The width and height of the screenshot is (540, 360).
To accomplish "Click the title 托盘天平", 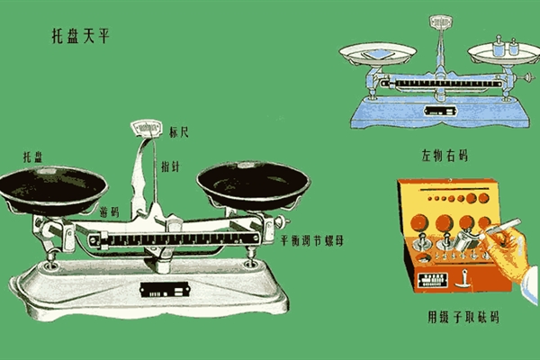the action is tap(81, 36).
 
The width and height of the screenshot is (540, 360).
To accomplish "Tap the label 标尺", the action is tap(179, 132).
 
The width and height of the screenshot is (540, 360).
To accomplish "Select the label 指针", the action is tap(170, 166).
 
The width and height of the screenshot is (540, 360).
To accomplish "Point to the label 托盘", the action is tap(32, 157).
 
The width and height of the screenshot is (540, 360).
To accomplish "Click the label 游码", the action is tap(109, 211).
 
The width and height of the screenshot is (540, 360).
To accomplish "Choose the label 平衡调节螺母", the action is tap(312, 240).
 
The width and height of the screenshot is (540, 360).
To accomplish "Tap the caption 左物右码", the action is tap(445, 156).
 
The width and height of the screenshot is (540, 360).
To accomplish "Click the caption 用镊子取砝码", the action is tap(463, 317).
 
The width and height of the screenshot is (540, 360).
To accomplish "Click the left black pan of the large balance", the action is tap(52, 191).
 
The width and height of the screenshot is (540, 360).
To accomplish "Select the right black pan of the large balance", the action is tap(254, 186).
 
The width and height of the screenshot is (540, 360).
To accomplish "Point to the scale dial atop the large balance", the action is tap(147, 128).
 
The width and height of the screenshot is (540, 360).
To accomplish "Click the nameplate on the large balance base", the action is tap(165, 290).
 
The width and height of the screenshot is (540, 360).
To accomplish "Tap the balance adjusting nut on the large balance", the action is tap(282, 221).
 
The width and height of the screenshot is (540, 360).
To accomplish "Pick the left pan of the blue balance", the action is tap(377, 53).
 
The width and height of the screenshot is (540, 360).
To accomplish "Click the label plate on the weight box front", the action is tap(433, 281).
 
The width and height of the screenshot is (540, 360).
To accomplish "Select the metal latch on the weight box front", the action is tap(463, 279).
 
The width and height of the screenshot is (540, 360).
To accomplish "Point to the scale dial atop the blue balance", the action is tap(440, 22).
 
